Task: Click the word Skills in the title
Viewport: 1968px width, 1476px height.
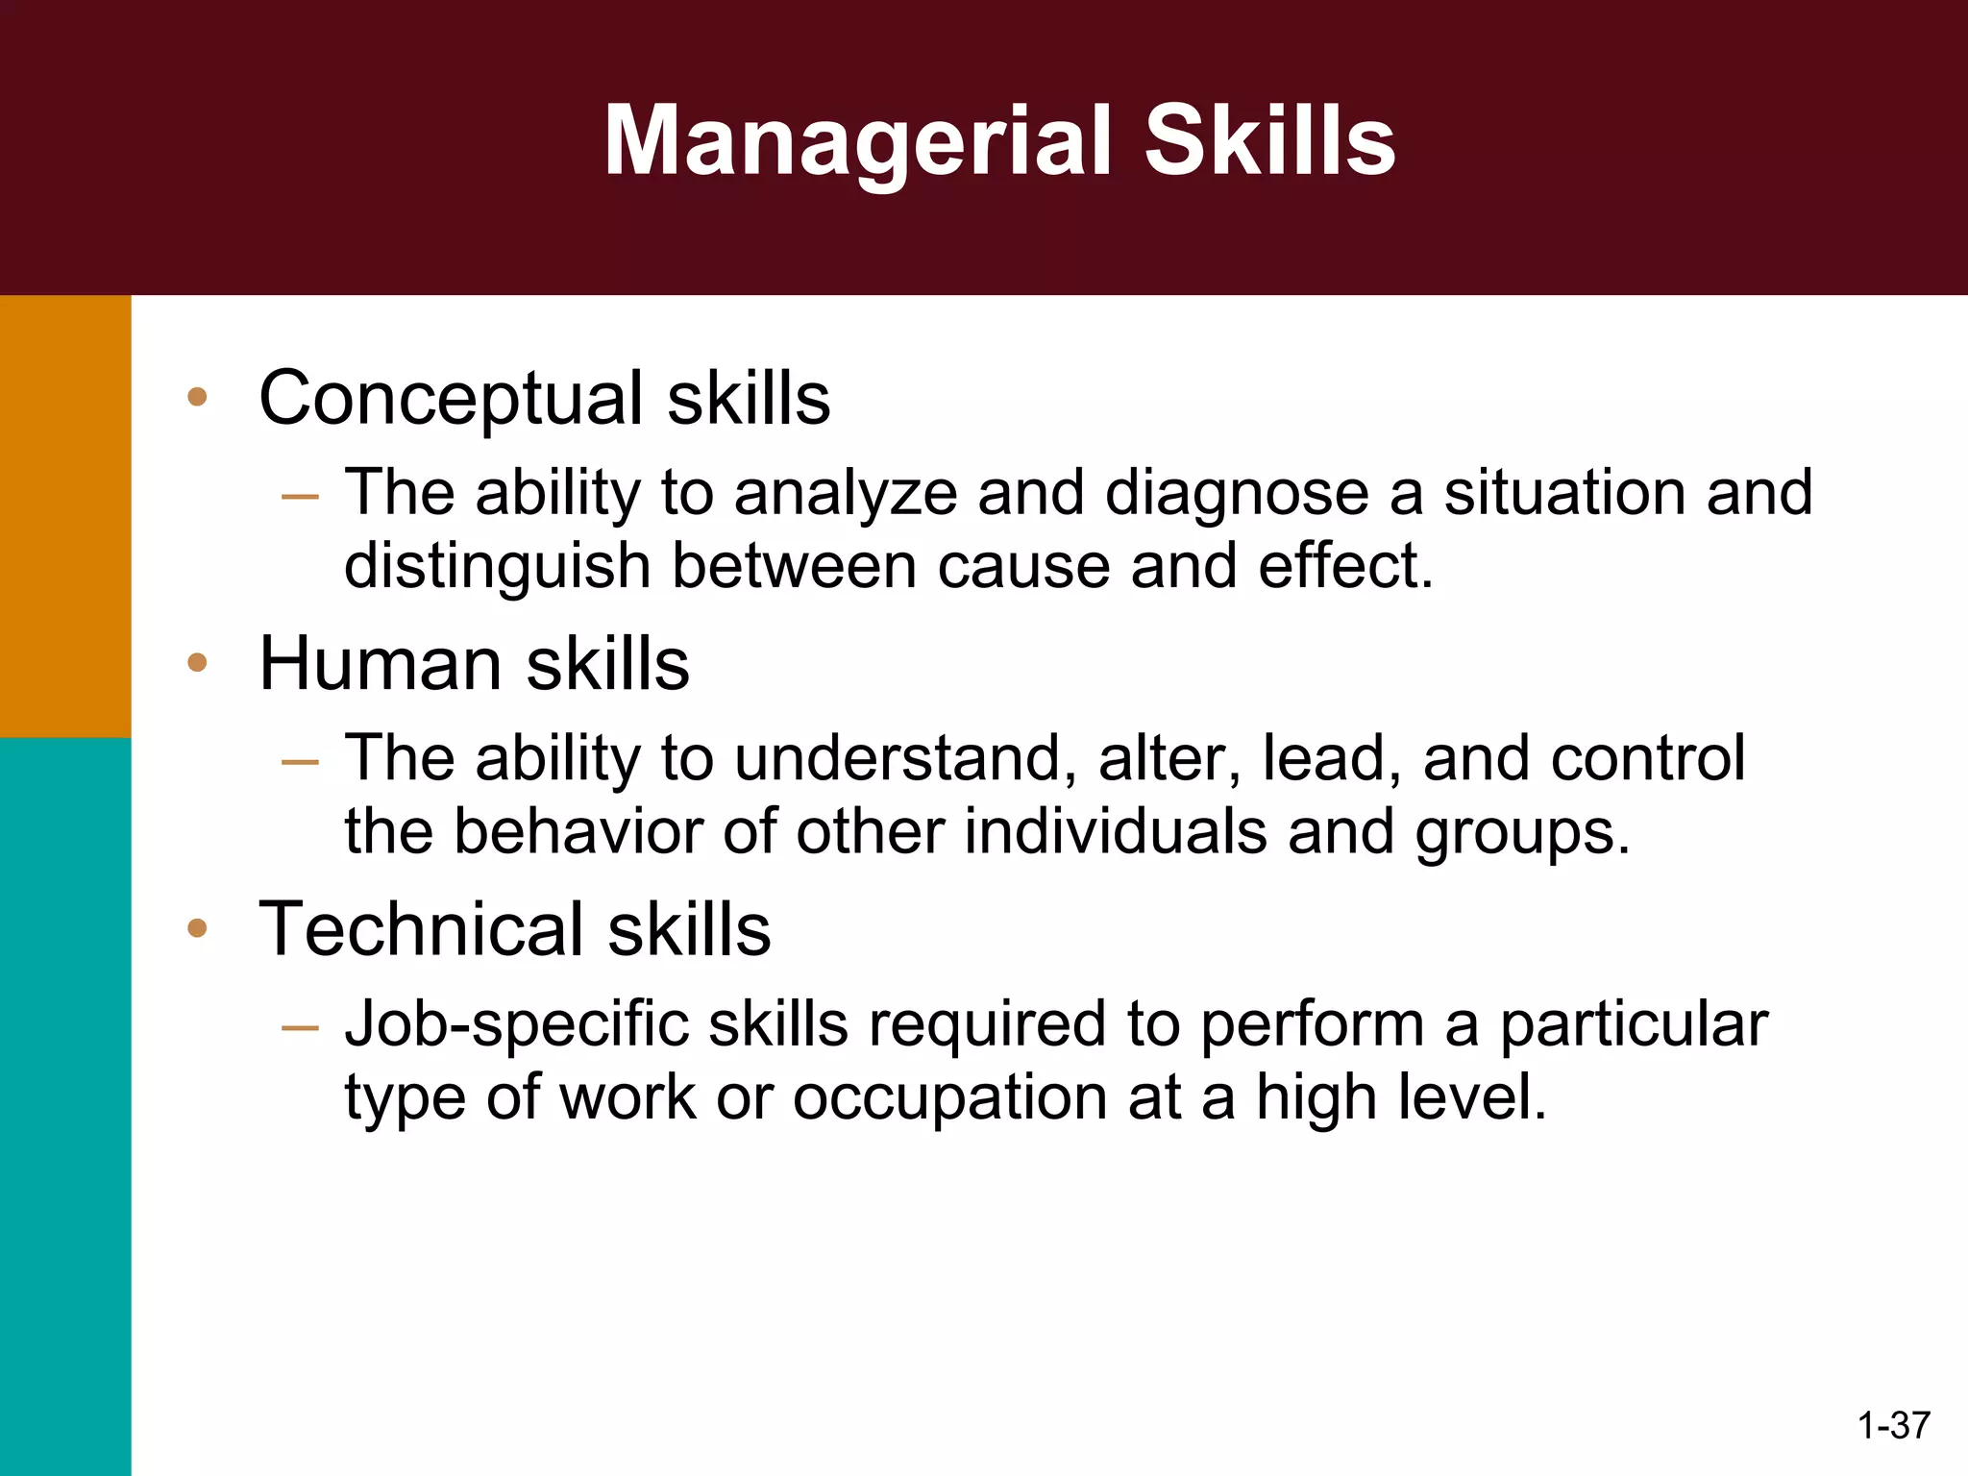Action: [x=1269, y=141]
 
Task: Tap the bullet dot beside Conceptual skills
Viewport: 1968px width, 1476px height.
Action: [x=197, y=397]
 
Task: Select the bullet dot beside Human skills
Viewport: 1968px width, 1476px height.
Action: [x=197, y=662]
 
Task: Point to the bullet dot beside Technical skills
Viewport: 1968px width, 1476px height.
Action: [x=197, y=927]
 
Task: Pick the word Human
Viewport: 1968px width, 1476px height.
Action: [x=381, y=664]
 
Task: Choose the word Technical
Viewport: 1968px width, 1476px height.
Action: [x=421, y=929]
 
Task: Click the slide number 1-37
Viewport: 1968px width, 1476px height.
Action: [x=1894, y=1425]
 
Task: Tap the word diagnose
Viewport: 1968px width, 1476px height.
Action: [x=1238, y=494]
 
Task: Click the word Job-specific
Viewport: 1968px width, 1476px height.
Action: [x=516, y=1025]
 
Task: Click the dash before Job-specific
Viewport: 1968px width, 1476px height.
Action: [x=300, y=1027]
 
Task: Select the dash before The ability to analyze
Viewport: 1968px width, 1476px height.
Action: [x=300, y=497]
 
